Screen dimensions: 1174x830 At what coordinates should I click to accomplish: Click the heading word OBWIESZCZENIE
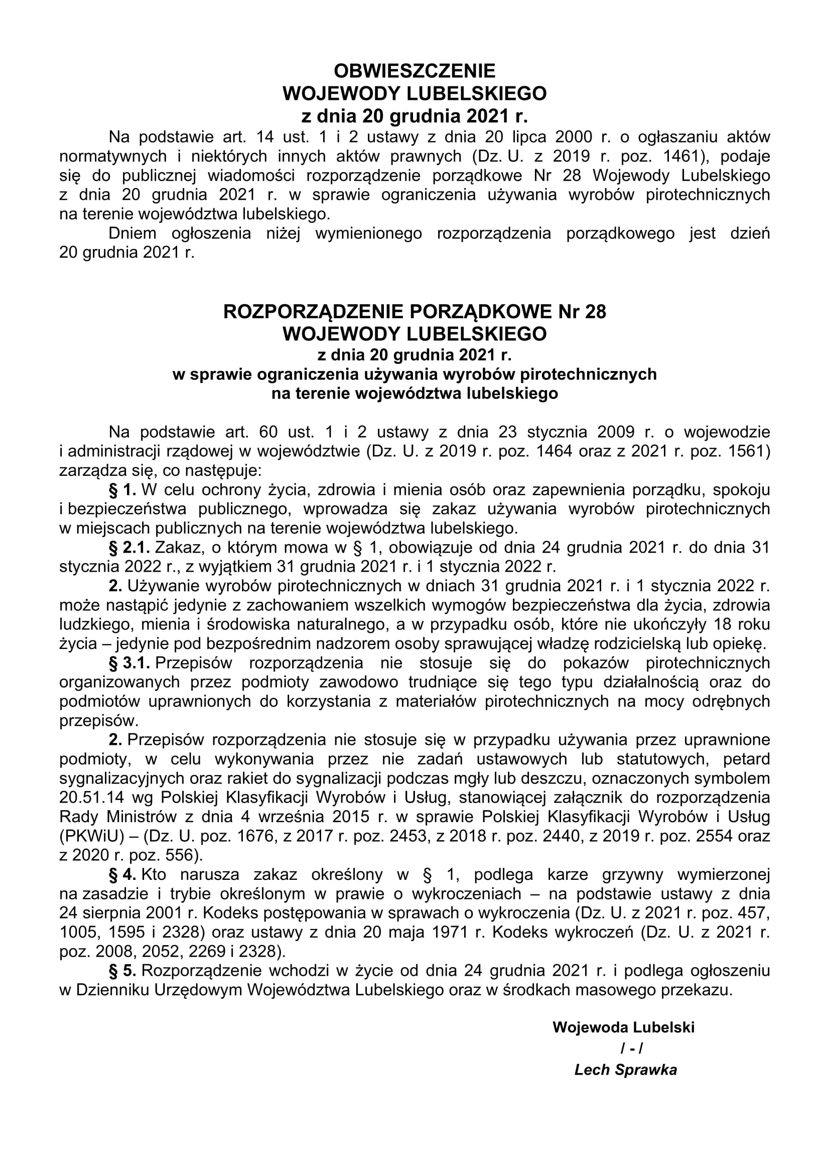coord(414,71)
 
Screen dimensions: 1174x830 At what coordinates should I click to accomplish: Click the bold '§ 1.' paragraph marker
coord(122,490)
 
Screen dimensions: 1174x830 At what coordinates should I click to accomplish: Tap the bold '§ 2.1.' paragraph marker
coord(129,548)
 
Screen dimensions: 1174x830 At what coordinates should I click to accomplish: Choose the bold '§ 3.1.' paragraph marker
coord(129,663)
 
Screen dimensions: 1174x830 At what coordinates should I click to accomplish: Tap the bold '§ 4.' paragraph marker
coord(122,875)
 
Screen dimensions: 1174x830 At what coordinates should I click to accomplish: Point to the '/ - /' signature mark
coord(632,1048)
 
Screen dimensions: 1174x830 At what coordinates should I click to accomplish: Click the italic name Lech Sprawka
coord(626,1070)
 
